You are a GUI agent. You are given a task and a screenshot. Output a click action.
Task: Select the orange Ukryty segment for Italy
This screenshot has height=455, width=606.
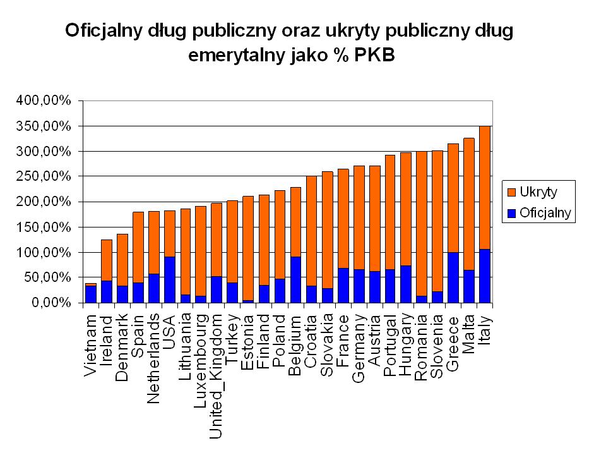pos(485,187)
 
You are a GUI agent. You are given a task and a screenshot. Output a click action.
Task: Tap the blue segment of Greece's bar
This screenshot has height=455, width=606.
pos(453,277)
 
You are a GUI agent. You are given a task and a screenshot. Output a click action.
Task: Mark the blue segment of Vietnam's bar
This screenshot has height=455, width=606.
pos(91,294)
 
